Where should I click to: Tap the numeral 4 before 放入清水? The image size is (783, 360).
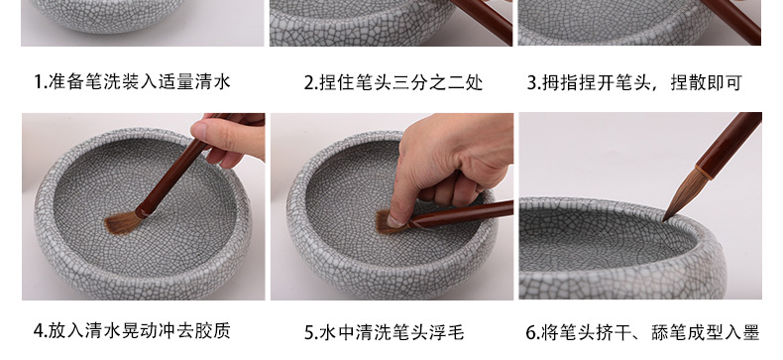click(x=38, y=331)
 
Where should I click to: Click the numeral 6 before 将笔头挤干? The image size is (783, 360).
click(x=533, y=331)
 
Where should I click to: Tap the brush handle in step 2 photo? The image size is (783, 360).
click(x=486, y=20)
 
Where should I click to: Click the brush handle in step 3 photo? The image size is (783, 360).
click(x=728, y=20)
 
